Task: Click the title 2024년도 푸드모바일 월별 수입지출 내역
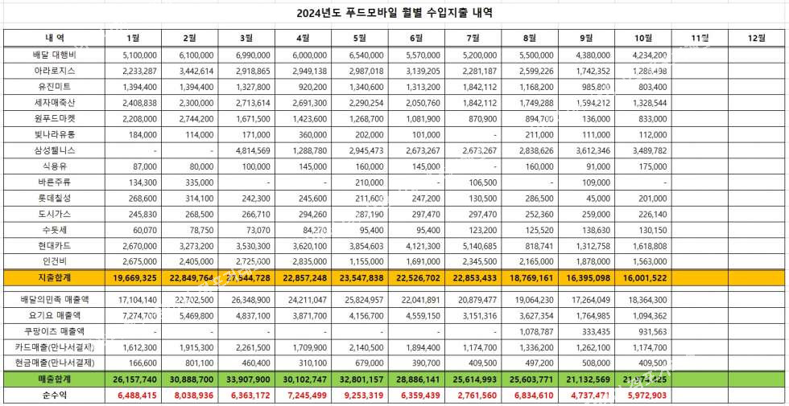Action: tap(394, 13)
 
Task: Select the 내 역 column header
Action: tap(54, 38)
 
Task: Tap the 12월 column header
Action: tap(757, 38)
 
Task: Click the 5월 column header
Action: tap(360, 38)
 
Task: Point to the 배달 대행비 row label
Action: tap(54, 55)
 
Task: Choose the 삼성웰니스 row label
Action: tap(54, 150)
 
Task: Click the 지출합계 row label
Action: tap(54, 277)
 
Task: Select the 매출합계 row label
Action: tap(54, 379)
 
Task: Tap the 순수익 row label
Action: tap(54, 396)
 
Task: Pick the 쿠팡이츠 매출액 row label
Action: tap(54, 331)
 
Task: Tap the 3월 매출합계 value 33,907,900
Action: tap(247, 379)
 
